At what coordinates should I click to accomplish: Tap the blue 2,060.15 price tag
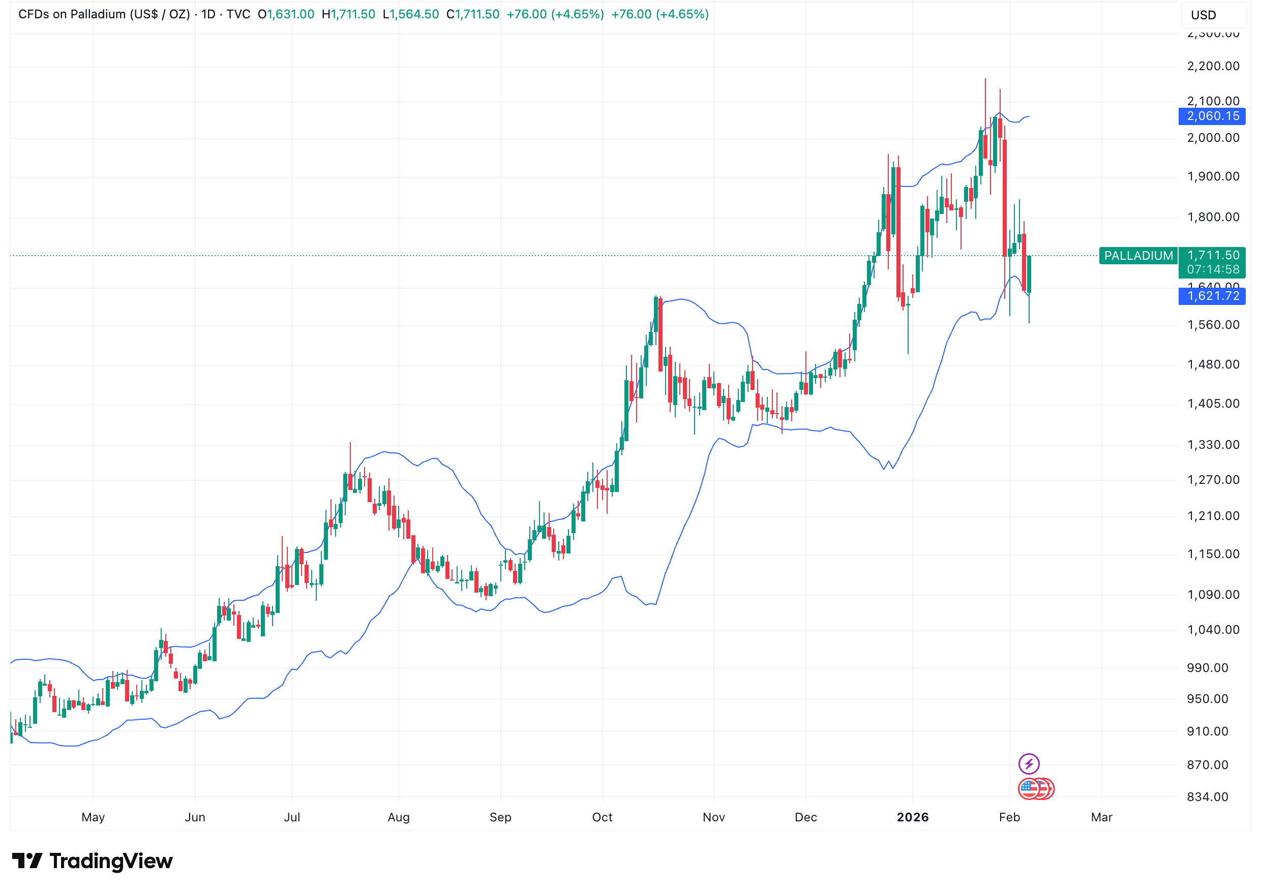tap(1212, 116)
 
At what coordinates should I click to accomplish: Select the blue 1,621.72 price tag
tap(1212, 296)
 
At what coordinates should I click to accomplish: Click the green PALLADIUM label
tap(1138, 256)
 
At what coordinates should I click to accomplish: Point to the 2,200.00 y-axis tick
tap(1213, 67)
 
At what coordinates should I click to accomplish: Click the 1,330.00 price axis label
tap(1213, 445)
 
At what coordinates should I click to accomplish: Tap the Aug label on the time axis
tap(398, 817)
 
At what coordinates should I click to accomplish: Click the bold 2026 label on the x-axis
tap(912, 817)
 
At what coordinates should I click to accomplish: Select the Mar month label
tap(1101, 817)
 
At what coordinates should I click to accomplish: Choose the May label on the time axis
tap(93, 817)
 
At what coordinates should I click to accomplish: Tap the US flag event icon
tap(1029, 789)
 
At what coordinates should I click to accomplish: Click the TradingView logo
tap(92, 861)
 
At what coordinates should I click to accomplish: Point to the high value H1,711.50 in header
tap(348, 14)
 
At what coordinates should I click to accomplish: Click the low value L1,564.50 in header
tap(411, 14)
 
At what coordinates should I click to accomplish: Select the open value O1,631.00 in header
tap(286, 14)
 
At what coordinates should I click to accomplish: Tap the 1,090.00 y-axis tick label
tap(1213, 595)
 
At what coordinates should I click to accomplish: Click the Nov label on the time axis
tap(713, 817)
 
